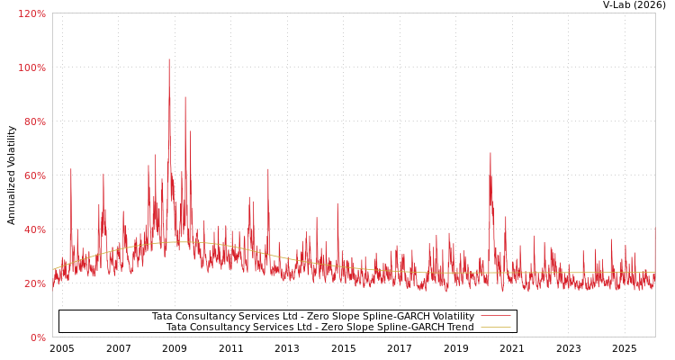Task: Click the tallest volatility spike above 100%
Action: point(168,60)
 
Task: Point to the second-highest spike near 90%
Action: point(185,98)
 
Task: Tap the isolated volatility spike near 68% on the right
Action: point(490,154)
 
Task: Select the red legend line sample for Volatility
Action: point(495,316)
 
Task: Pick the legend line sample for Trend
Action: point(495,327)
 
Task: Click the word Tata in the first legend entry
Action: point(162,316)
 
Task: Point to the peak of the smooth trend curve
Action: point(175,242)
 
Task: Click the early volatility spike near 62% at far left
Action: point(71,170)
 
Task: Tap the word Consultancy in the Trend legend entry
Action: point(222,327)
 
